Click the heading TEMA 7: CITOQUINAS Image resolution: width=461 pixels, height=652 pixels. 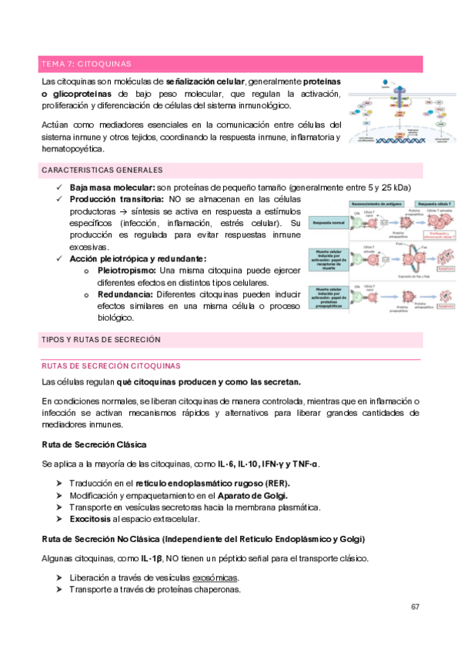click(x=85, y=64)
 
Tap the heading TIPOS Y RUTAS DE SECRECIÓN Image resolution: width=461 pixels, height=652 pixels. click(x=100, y=339)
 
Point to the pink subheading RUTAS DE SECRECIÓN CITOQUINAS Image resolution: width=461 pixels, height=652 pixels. click(x=111, y=366)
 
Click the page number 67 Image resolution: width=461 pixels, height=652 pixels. click(x=415, y=607)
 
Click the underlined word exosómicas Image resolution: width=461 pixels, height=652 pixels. click(x=215, y=578)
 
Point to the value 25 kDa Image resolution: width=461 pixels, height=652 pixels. click(x=395, y=188)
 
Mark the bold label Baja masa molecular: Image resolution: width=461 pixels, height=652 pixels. click(x=112, y=188)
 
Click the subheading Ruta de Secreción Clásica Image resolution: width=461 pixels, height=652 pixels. click(x=94, y=444)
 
